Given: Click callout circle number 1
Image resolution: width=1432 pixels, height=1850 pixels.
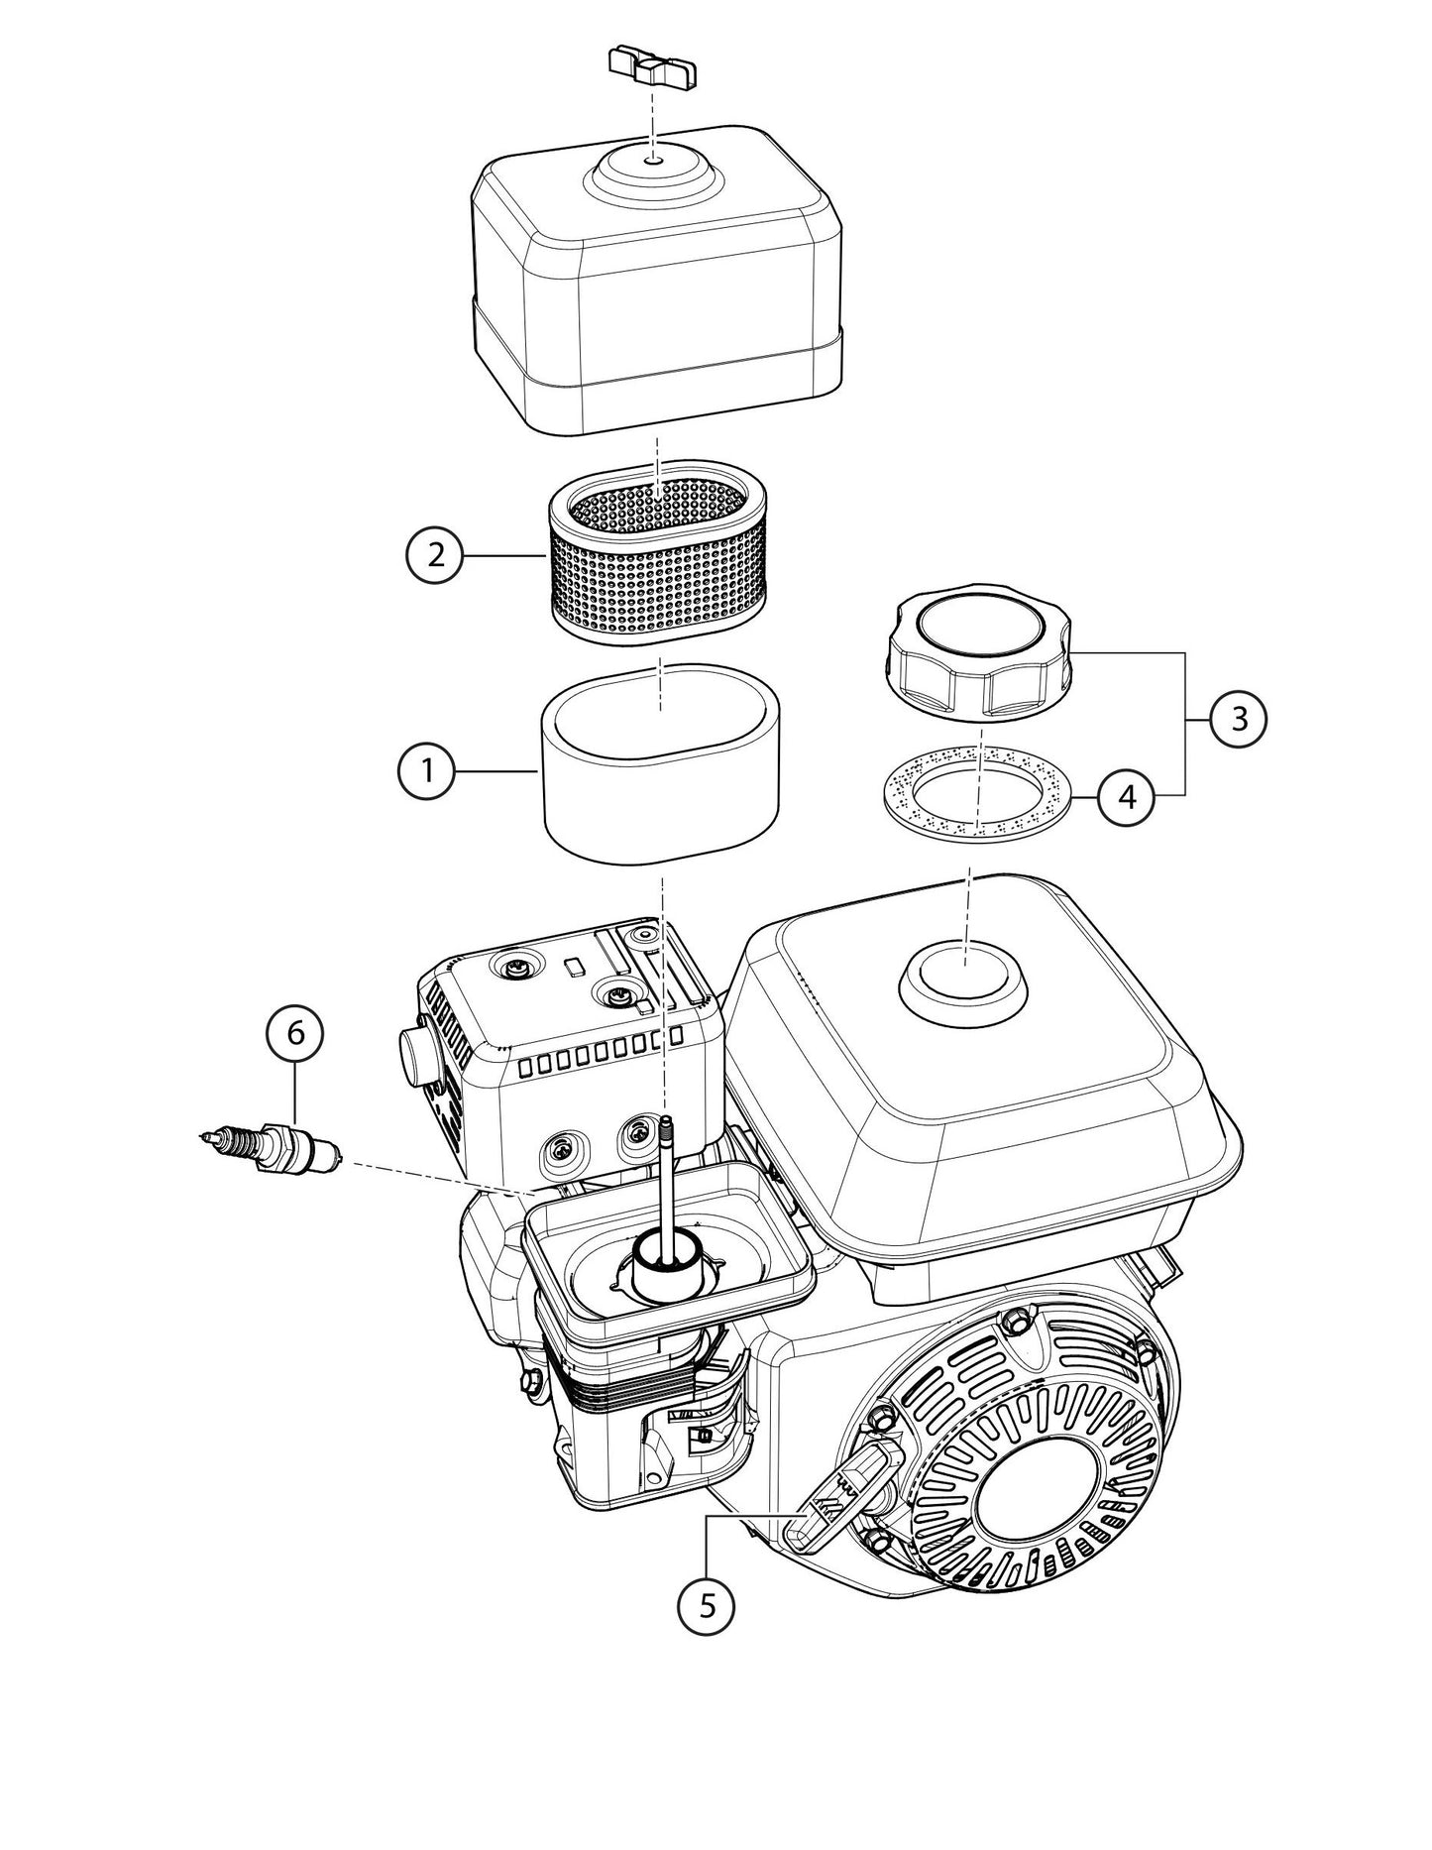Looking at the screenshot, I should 427,770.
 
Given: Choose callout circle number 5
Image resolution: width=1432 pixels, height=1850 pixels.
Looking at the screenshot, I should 707,1602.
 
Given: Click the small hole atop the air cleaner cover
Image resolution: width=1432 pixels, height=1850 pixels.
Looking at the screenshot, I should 653,159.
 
